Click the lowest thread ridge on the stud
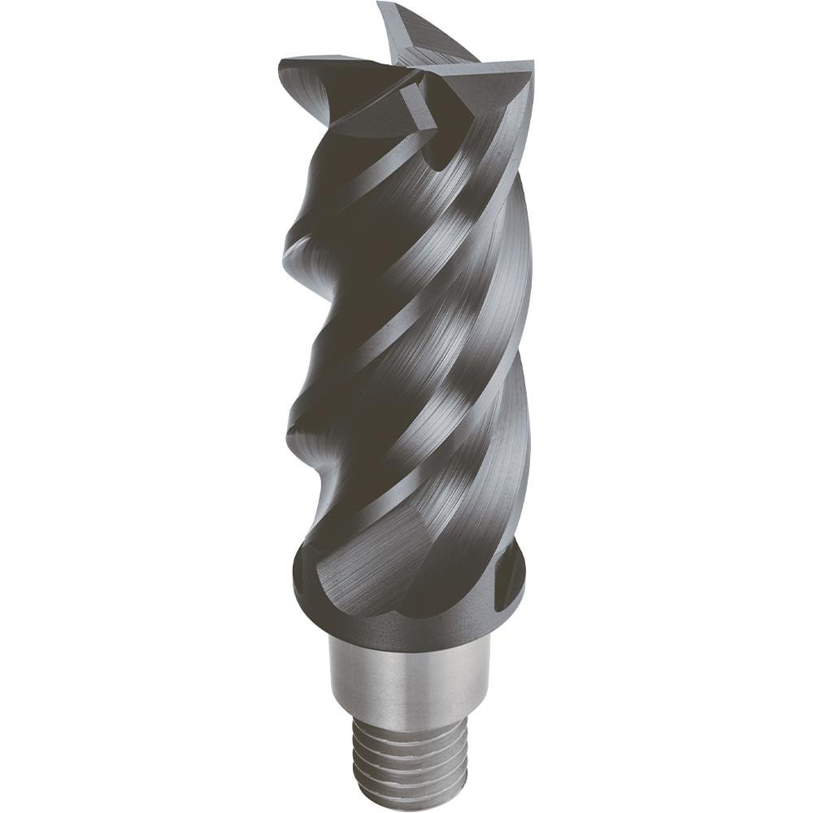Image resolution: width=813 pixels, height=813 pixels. [x=406, y=801]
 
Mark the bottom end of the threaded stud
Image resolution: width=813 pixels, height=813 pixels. [x=406, y=809]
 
